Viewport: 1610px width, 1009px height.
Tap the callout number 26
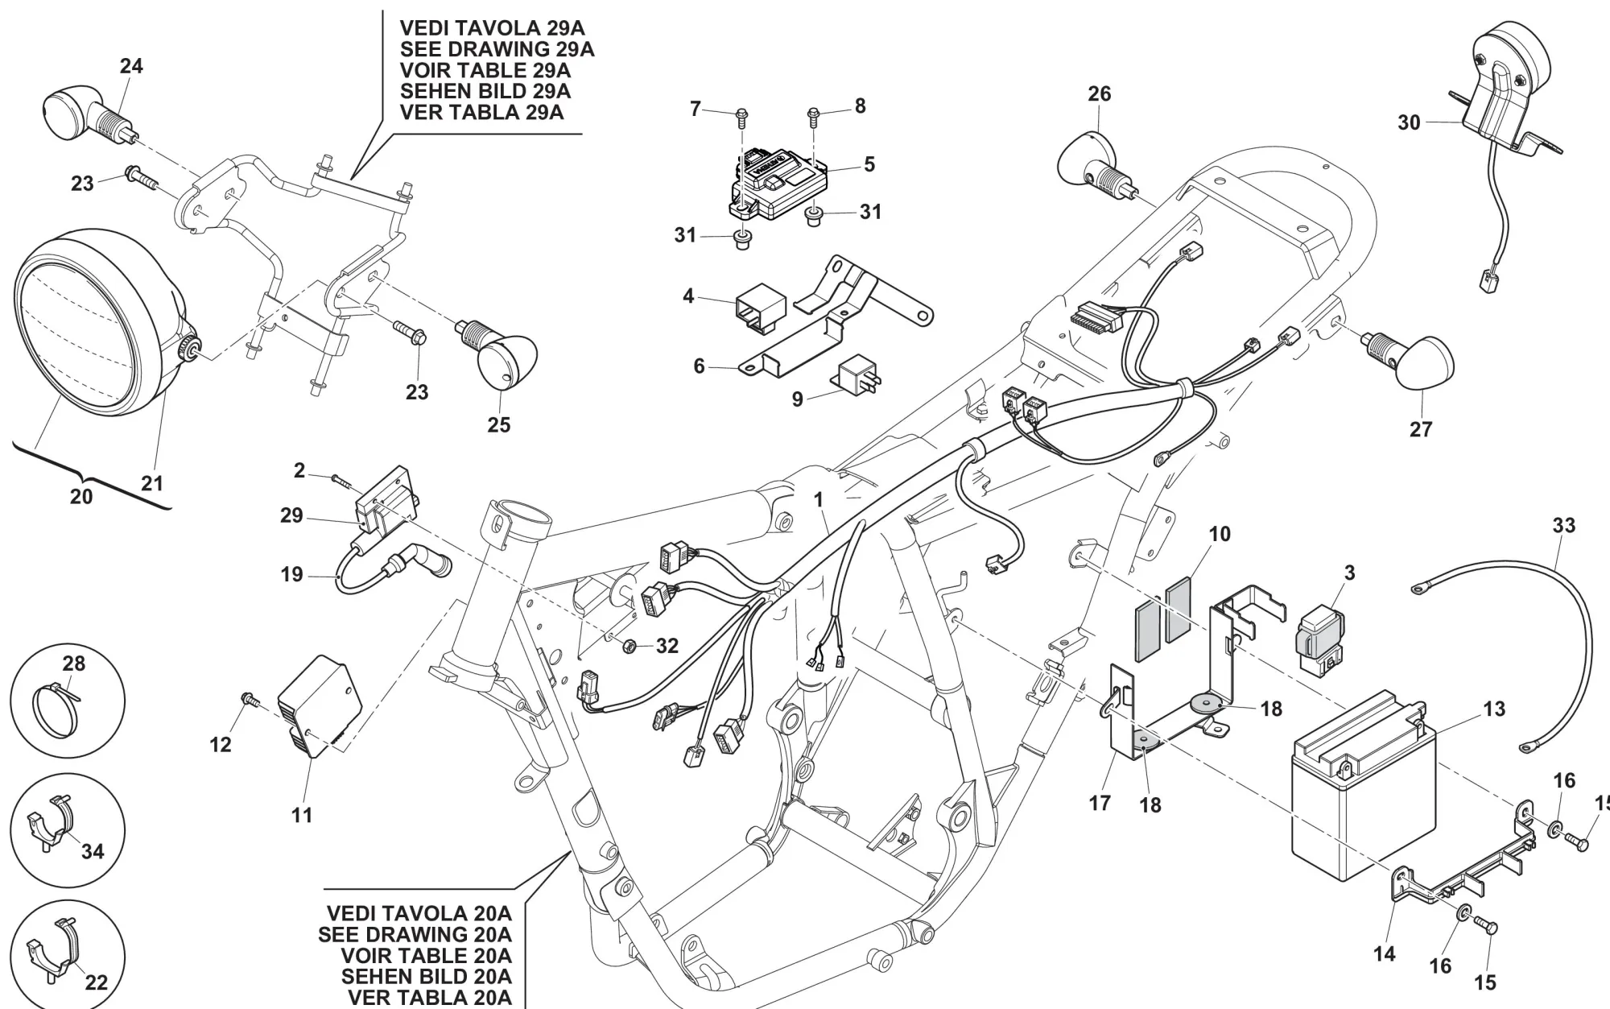click(1099, 94)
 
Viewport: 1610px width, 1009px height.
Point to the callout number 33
click(1563, 526)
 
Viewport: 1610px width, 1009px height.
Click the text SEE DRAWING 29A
click(497, 49)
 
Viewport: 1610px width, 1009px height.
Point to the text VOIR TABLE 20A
click(426, 956)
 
